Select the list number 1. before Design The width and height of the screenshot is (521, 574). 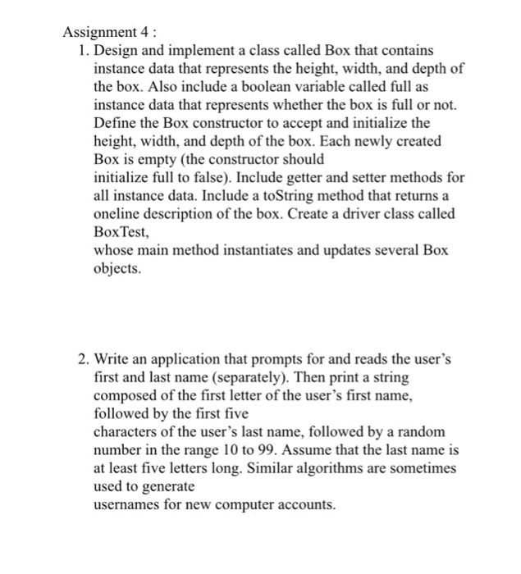click(x=85, y=51)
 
